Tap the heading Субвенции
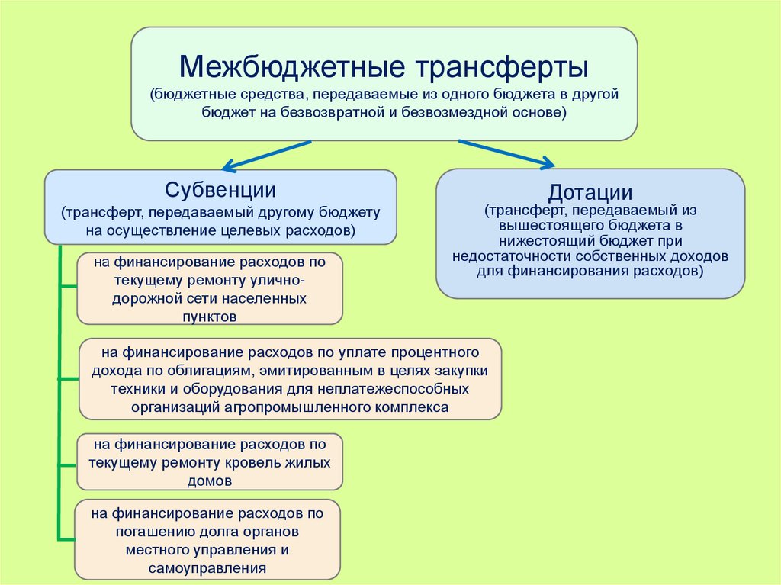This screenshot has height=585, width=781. point(220,190)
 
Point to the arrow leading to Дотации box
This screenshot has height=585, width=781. point(507,153)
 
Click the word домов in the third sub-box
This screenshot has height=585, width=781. point(209,481)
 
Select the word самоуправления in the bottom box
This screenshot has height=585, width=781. point(207,567)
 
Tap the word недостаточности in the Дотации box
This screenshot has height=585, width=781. point(508,256)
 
